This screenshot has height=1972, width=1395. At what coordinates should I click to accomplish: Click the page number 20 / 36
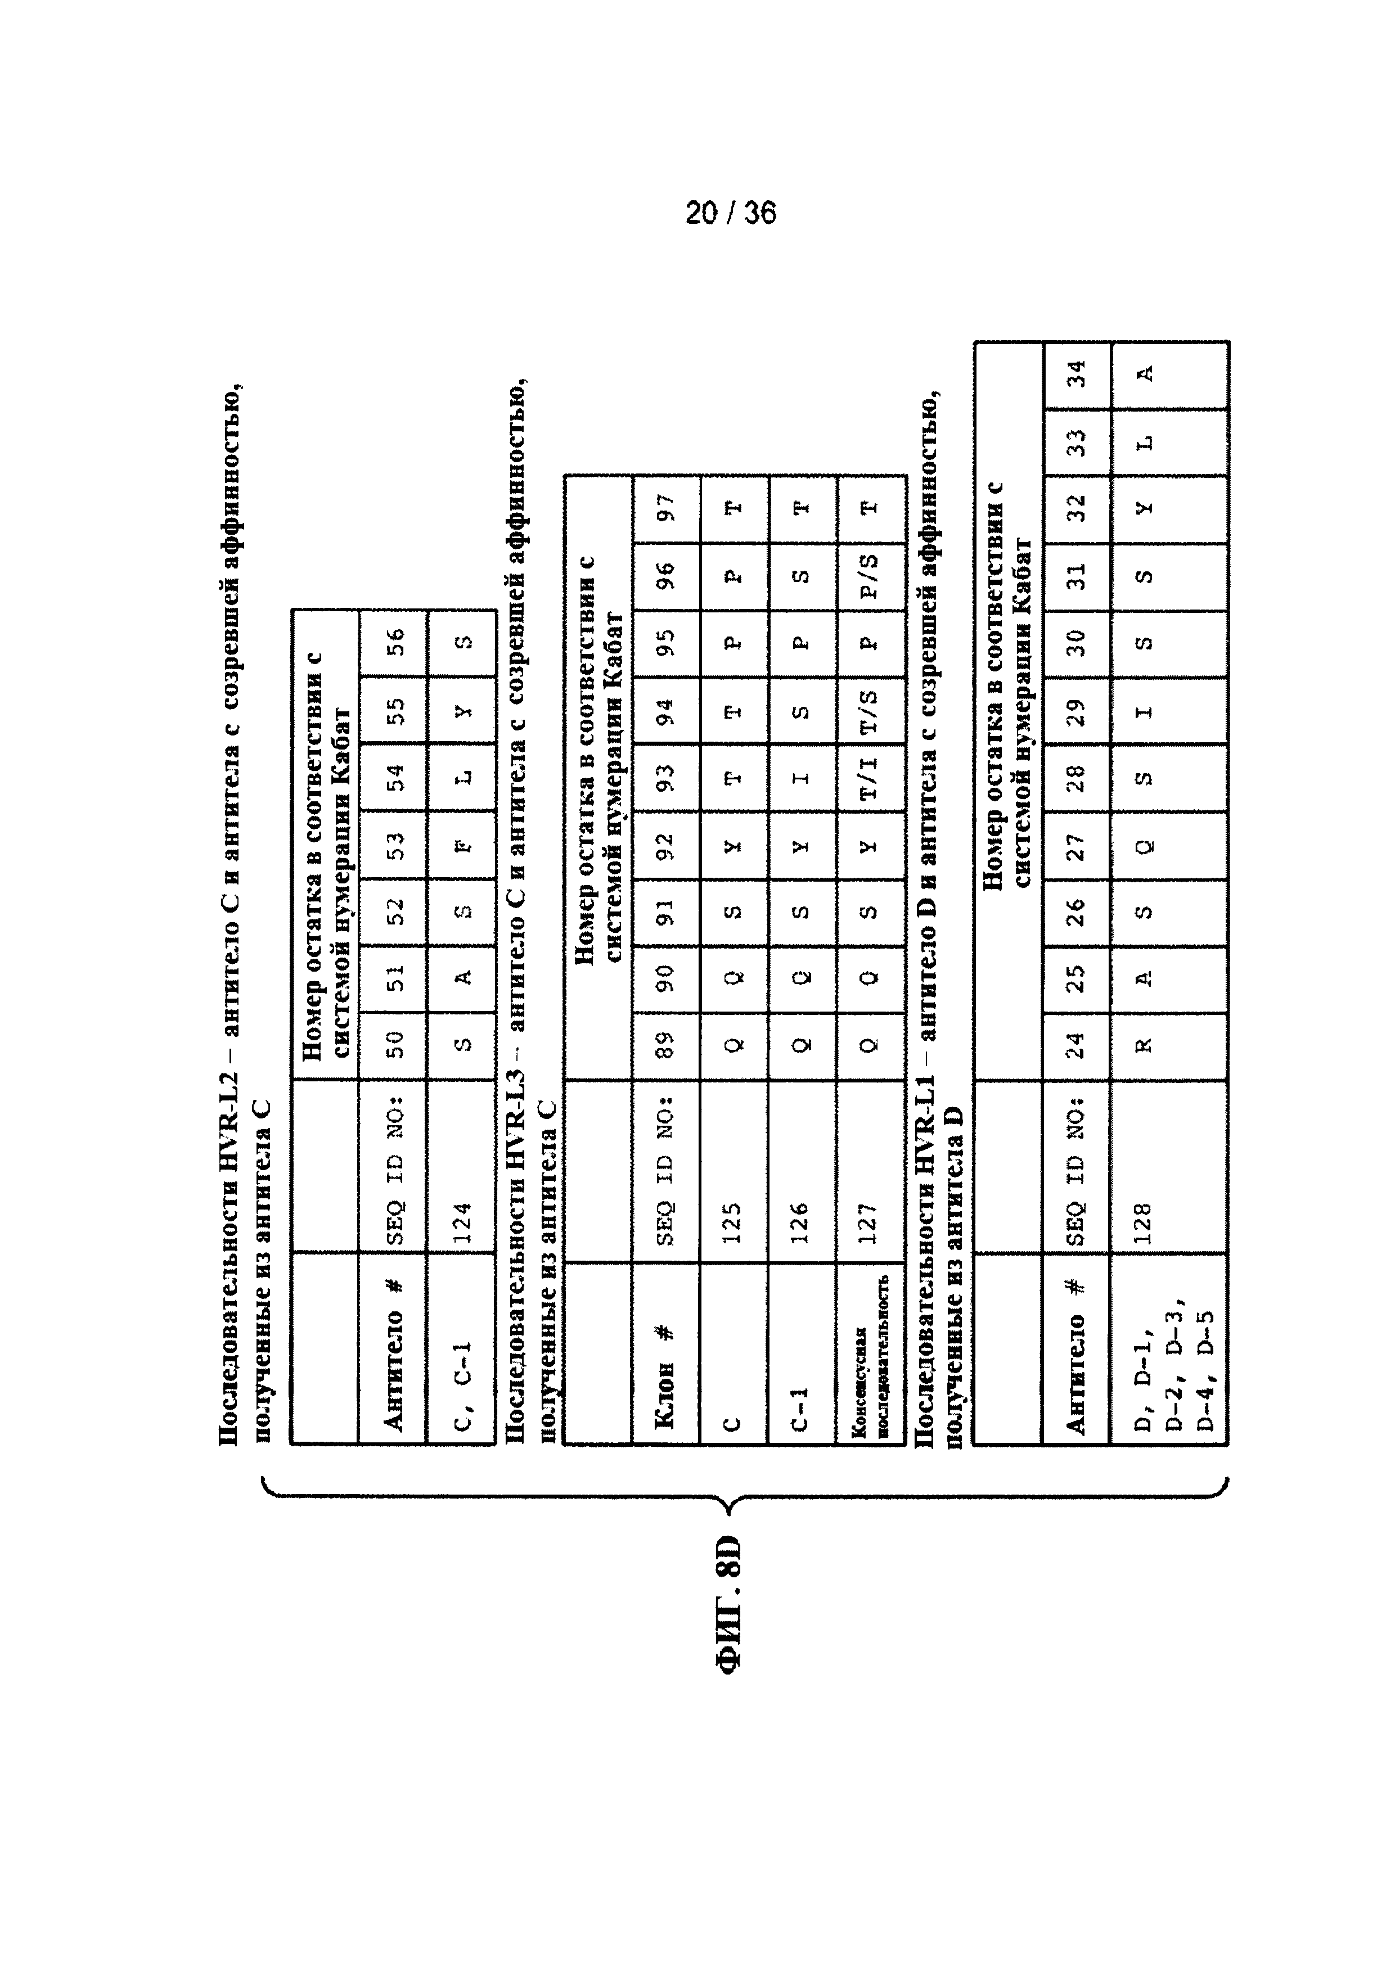(x=730, y=212)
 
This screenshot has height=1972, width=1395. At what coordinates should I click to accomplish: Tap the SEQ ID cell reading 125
(x=732, y=1220)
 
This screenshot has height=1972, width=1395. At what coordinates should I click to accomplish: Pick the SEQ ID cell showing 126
(x=800, y=1220)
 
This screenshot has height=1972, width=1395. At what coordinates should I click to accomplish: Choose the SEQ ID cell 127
(x=868, y=1220)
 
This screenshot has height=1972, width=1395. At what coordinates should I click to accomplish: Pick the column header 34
(x=1076, y=374)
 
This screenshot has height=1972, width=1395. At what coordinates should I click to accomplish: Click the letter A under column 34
(x=1144, y=374)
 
